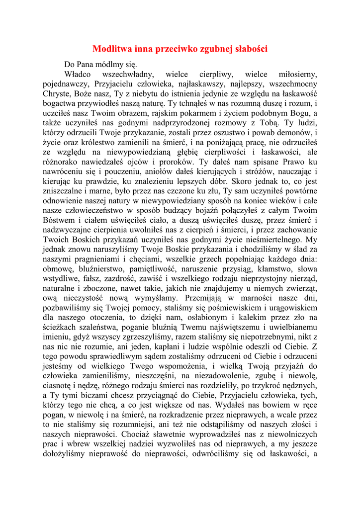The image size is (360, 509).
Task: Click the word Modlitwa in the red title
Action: click(x=113, y=49)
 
